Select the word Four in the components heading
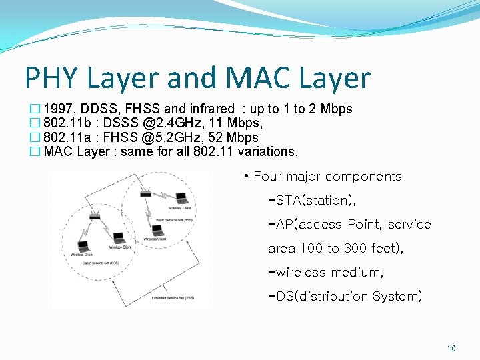point(268,177)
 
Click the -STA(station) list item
point(311,200)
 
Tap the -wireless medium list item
point(325,272)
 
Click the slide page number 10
point(451,348)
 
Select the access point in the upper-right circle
point(146,194)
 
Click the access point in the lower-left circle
point(94,217)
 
